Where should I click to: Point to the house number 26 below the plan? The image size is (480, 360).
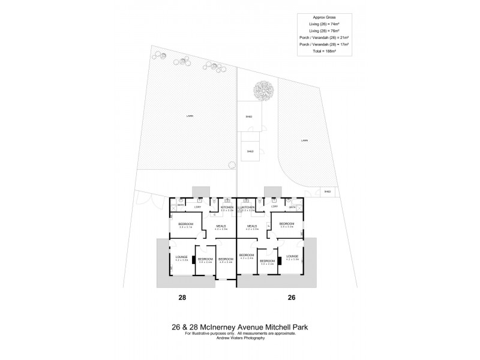click(291, 297)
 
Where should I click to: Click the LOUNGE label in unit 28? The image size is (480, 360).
click(182, 257)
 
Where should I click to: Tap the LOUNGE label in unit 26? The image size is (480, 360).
click(292, 257)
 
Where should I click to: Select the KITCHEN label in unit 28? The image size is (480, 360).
click(227, 207)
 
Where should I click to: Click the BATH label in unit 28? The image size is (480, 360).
click(180, 205)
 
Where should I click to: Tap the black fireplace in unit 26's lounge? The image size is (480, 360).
click(279, 261)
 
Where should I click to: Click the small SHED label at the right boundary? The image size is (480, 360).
click(328, 192)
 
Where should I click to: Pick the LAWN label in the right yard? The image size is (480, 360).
click(305, 140)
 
